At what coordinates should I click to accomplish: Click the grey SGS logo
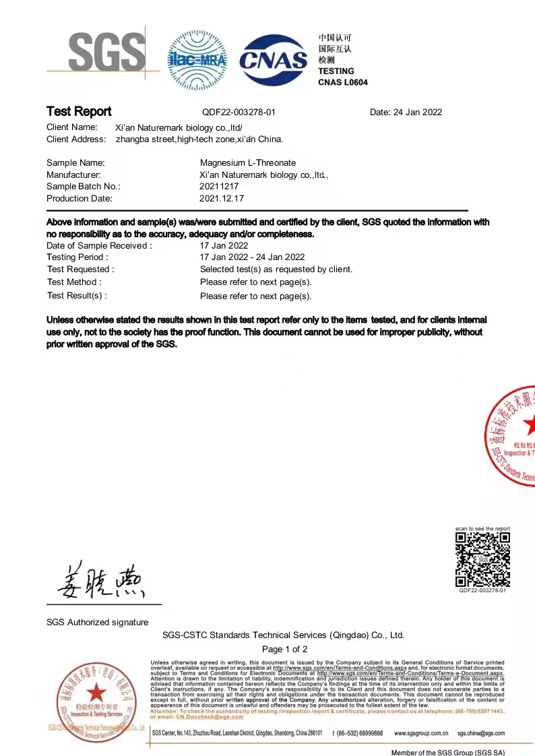[106, 53]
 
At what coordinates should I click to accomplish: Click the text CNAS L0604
[343, 82]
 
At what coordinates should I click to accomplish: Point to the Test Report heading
[79, 112]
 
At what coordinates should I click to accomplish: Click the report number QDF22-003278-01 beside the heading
[239, 113]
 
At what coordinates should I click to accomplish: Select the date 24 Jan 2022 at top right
[406, 113]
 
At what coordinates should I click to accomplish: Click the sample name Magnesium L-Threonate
[248, 162]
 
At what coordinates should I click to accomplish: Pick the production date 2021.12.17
[222, 199]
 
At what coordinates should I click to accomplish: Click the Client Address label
[76, 139]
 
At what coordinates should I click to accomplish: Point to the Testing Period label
[77, 257]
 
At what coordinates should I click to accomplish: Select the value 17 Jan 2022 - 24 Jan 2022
[252, 257]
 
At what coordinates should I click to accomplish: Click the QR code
[482, 559]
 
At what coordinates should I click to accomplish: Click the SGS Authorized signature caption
[97, 623]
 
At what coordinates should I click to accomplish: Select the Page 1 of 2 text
[284, 650]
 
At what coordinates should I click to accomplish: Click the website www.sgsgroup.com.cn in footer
[421, 733]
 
